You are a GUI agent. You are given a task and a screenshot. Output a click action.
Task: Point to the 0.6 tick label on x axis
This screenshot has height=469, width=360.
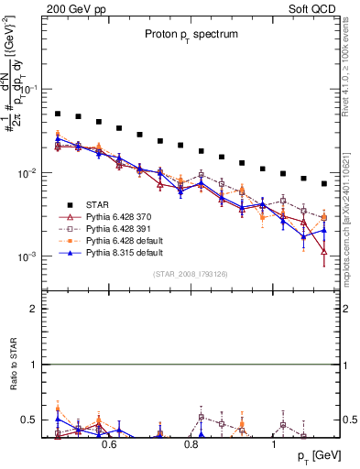[109, 444]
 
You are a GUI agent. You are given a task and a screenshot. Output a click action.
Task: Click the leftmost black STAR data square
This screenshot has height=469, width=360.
[58, 115]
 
